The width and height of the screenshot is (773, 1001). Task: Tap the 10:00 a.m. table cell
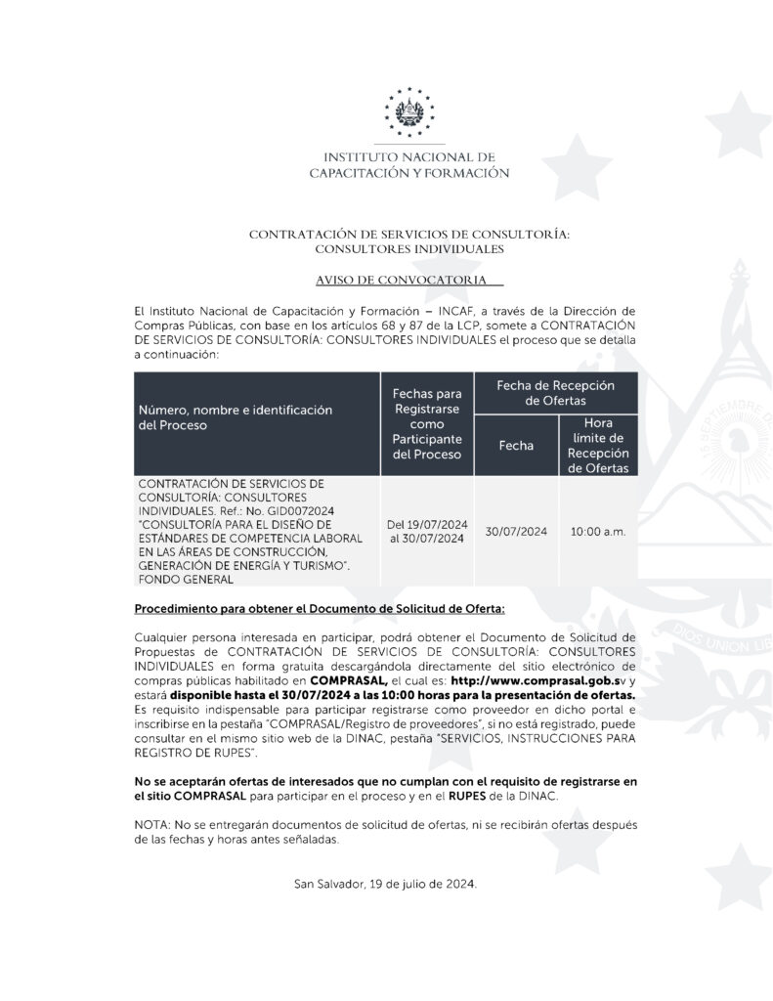(x=598, y=532)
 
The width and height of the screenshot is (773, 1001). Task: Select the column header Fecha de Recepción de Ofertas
(x=555, y=393)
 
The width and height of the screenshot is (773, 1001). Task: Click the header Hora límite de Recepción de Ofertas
(x=598, y=446)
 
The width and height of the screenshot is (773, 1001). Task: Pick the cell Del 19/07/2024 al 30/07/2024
(x=428, y=532)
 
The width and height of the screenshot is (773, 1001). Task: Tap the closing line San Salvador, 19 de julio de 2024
(x=385, y=885)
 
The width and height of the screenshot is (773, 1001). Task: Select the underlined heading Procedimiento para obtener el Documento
(x=319, y=609)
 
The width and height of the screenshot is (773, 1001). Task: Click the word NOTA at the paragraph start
(x=150, y=826)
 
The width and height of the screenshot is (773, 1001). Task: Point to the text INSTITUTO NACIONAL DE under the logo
(x=408, y=156)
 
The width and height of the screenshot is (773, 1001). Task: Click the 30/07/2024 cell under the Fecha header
(x=516, y=532)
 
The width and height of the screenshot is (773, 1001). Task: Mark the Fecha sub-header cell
(x=516, y=446)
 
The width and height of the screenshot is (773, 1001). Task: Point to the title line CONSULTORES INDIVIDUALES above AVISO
(x=408, y=249)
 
